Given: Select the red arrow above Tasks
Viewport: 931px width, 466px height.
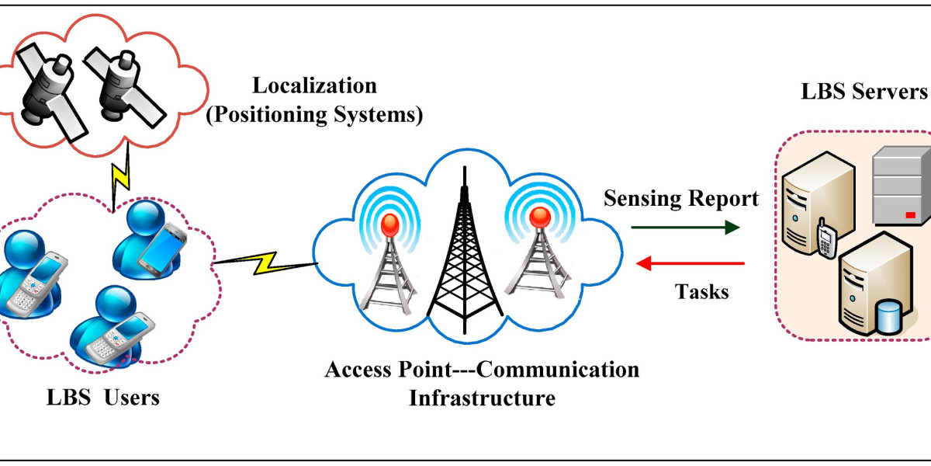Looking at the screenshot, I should [x=690, y=264].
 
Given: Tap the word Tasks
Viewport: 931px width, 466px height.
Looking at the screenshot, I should [x=701, y=292].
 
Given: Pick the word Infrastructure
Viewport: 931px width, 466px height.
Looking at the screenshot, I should [x=482, y=399].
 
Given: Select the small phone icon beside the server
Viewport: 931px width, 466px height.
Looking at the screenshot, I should [x=825, y=236].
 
